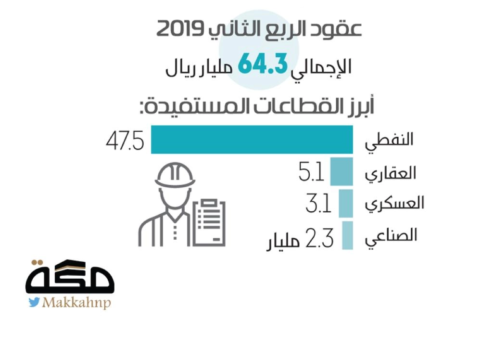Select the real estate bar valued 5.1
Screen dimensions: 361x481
coord(342,171)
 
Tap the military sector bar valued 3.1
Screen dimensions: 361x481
coord(345,204)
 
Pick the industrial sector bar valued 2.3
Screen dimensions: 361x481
coord(347,235)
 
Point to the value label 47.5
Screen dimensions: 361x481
coord(125,141)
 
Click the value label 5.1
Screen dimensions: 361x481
coord(312,173)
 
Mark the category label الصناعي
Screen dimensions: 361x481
coord(392,237)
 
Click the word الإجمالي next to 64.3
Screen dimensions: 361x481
coord(322,67)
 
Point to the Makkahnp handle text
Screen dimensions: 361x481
coord(77,303)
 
